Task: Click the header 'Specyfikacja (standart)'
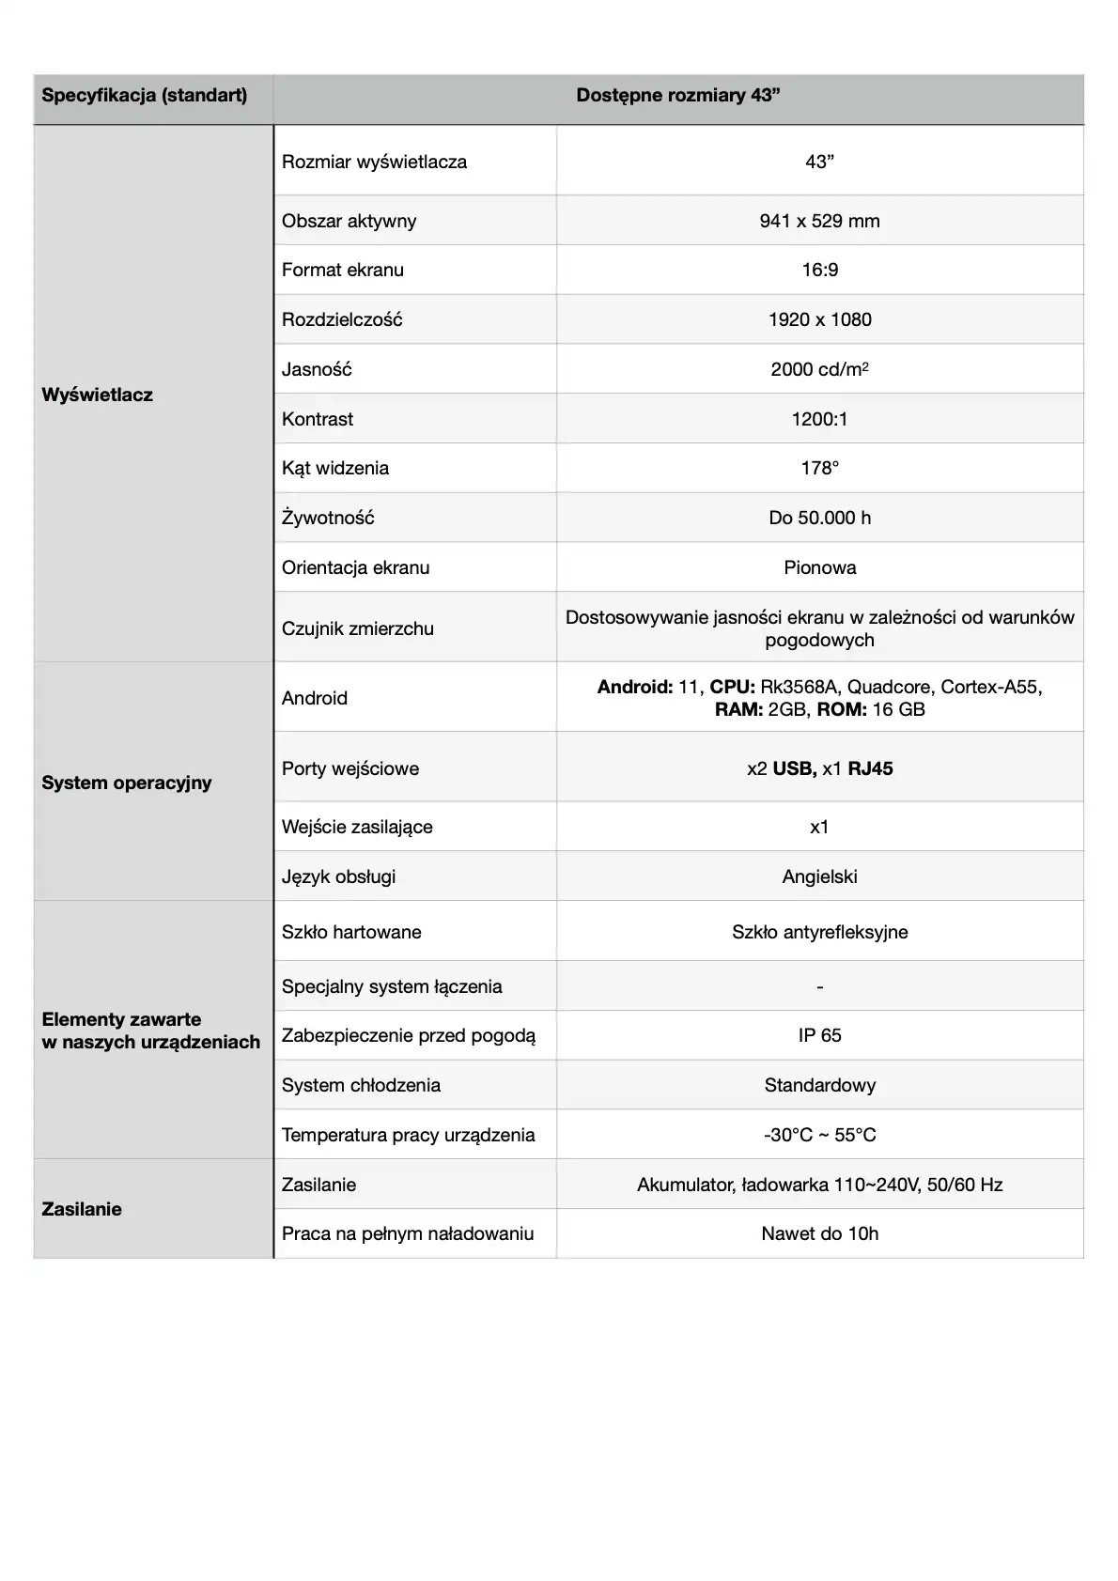[145, 96]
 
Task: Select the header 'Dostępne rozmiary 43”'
[678, 96]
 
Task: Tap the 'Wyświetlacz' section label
[97, 395]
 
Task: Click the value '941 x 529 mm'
[819, 221]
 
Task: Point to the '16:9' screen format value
[819, 271]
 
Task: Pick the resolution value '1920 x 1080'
[819, 319]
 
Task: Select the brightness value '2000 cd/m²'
[819, 369]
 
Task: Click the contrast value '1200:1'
[819, 419]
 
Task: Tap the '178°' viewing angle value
[819, 468]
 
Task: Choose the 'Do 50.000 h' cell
[819, 518]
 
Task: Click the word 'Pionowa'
[819, 567]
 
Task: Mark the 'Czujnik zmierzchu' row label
[357, 628]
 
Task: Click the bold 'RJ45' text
[870, 768]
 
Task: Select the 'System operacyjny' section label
[127, 783]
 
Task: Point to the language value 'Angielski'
[819, 876]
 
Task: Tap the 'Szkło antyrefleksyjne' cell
[819, 932]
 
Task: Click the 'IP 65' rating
[819, 1035]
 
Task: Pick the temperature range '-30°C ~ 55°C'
[819, 1135]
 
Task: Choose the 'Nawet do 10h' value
[819, 1233]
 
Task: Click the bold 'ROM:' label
[842, 709]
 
